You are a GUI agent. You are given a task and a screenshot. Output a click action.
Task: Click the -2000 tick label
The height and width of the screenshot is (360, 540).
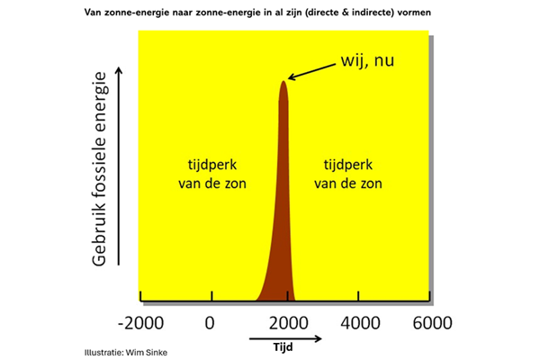click(x=142, y=323)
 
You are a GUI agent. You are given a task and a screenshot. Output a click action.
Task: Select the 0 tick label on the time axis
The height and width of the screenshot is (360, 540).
click(x=210, y=323)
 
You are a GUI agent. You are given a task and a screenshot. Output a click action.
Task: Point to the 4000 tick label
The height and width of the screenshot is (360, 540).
click(x=358, y=323)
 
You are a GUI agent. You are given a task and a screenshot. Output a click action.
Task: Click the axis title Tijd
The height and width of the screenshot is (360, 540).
click(x=285, y=346)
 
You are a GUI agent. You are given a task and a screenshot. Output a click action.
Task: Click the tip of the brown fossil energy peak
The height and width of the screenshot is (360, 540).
click(x=284, y=83)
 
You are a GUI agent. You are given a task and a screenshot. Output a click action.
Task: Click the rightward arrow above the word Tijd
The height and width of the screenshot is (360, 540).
click(x=285, y=337)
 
